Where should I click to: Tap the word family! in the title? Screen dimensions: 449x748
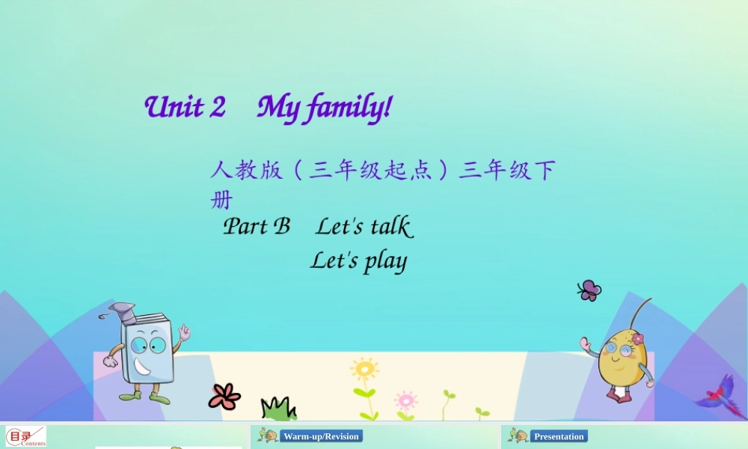click(x=347, y=109)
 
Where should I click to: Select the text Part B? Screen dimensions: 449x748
click(x=257, y=226)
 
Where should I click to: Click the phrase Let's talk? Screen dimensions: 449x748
click(x=364, y=226)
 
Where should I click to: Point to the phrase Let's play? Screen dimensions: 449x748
click(x=358, y=261)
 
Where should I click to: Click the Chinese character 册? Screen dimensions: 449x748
click(x=221, y=201)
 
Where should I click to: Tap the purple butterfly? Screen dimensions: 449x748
click(x=589, y=290)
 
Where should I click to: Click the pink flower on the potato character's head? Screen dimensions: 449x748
click(x=637, y=339)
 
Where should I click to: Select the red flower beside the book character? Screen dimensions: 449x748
click(x=224, y=396)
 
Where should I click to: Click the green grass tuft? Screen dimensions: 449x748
click(x=278, y=409)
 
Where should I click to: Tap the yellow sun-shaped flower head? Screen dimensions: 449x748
click(x=364, y=369)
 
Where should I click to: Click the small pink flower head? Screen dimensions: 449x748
click(x=405, y=399)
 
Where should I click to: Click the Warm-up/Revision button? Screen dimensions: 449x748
click(x=321, y=436)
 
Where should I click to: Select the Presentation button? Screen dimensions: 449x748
click(x=558, y=436)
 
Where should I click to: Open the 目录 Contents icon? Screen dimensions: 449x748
click(x=26, y=436)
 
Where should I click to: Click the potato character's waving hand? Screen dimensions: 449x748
click(x=586, y=345)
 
